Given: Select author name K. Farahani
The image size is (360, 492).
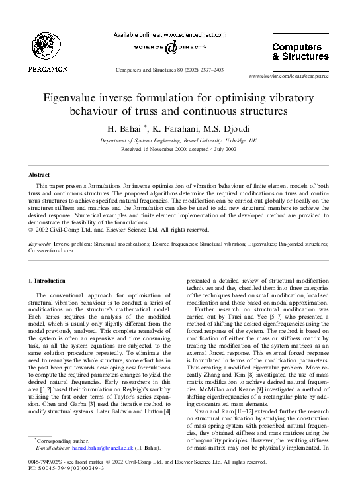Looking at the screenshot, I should click(176, 128).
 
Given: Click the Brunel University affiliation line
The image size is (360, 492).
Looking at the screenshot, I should click(179, 142).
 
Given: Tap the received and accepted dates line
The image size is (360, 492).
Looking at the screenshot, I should click(179, 150).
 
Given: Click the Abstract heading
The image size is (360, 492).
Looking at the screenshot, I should click(38, 175).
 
